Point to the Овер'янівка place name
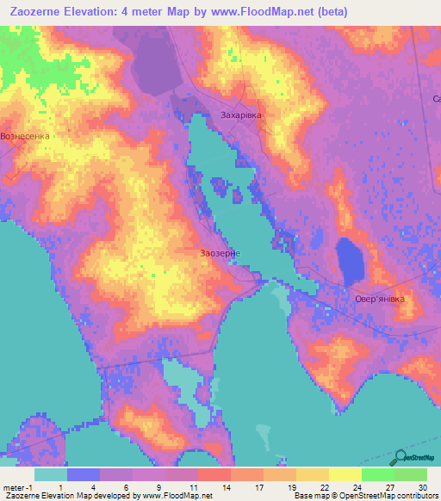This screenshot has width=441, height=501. click(x=379, y=299)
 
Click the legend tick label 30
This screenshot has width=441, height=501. click(x=422, y=487)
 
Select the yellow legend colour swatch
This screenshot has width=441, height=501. click(x=345, y=474)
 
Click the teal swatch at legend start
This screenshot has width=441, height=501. click(x=51, y=474)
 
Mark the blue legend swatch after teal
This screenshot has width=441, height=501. click(x=84, y=474)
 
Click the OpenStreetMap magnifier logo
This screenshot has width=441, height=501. click(x=401, y=457)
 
